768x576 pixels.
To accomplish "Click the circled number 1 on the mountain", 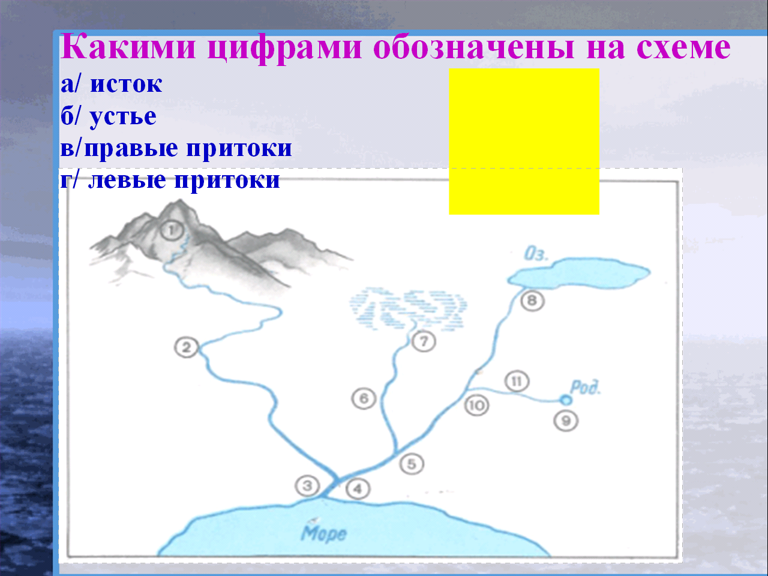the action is click(x=172, y=230).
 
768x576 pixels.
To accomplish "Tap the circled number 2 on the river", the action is click(x=187, y=347).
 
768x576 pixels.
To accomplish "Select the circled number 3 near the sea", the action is click(x=307, y=486).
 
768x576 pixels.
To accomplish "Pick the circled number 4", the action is click(x=358, y=489).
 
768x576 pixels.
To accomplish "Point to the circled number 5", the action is click(x=412, y=464).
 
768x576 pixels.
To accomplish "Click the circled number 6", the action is click(x=364, y=398).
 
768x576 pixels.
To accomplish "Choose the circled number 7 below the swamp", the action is click(x=424, y=341).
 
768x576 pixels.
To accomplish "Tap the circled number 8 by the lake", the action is click(x=532, y=301).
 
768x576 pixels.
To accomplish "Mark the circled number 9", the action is click(x=566, y=421).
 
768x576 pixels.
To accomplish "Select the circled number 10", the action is click(x=476, y=406).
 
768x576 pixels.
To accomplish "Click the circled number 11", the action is click(x=517, y=381).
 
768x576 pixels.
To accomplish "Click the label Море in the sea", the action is click(x=323, y=533).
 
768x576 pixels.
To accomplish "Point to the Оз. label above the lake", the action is click(x=536, y=254).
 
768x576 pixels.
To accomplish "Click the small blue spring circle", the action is click(x=566, y=400).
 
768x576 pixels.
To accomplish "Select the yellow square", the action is click(x=524, y=141).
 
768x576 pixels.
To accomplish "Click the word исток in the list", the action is click(x=126, y=84).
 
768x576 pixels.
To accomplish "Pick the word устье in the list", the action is click(x=123, y=117).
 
